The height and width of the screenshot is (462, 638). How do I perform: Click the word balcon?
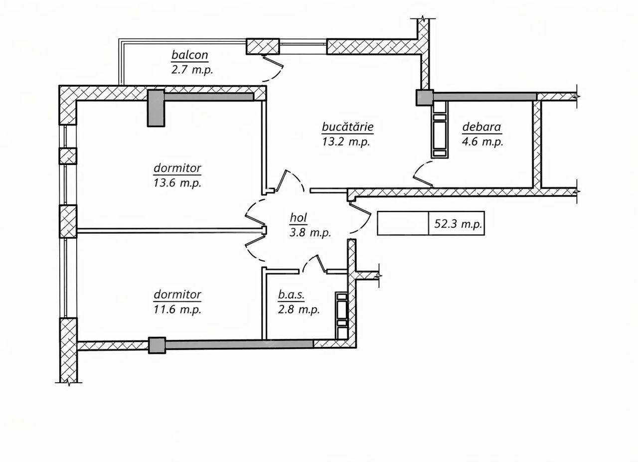click(190, 55)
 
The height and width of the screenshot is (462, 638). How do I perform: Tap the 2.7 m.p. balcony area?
click(192, 70)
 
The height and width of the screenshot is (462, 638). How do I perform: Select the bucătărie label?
click(347, 127)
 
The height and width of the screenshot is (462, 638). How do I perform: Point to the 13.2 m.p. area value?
click(346, 142)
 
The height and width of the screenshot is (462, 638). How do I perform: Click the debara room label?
click(481, 127)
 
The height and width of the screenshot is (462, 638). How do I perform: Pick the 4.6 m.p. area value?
click(482, 142)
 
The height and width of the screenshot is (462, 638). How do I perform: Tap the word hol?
click(298, 218)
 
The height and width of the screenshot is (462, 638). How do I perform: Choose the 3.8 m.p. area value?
click(311, 233)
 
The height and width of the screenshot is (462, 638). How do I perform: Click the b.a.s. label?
click(291, 295)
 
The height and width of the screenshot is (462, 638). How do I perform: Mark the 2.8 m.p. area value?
click(299, 309)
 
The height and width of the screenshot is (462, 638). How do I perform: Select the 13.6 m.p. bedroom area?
click(177, 183)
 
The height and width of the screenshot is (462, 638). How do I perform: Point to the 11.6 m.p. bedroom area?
click(177, 309)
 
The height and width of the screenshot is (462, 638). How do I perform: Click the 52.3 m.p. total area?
click(458, 224)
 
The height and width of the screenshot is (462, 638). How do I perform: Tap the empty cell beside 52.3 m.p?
click(403, 223)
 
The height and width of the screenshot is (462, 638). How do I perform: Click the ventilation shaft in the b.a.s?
click(342, 315)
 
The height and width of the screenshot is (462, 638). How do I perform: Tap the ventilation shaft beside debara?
click(440, 130)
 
